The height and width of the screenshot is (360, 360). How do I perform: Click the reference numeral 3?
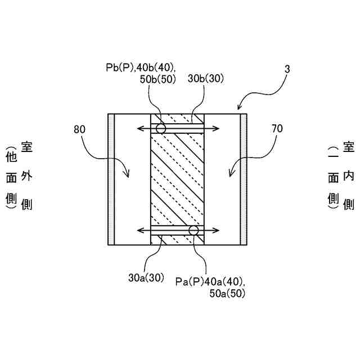pyautogui.click(x=287, y=69)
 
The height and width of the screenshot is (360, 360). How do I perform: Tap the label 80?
pyautogui.click(x=81, y=129)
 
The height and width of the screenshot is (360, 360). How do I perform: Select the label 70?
pyautogui.click(x=276, y=129)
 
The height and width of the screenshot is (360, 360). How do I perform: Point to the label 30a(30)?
pyautogui.click(x=146, y=277)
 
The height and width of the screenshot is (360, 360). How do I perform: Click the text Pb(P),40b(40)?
pyautogui.click(x=140, y=67)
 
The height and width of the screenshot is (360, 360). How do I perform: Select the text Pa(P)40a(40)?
pyautogui.click(x=210, y=281)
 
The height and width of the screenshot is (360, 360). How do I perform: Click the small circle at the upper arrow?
pyautogui.click(x=161, y=129)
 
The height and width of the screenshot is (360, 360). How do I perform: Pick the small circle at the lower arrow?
pyautogui.click(x=194, y=231)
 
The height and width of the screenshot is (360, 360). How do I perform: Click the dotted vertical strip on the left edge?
pyautogui.click(x=111, y=179)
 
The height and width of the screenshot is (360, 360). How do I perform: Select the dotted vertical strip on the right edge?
pyautogui.click(x=244, y=179)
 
